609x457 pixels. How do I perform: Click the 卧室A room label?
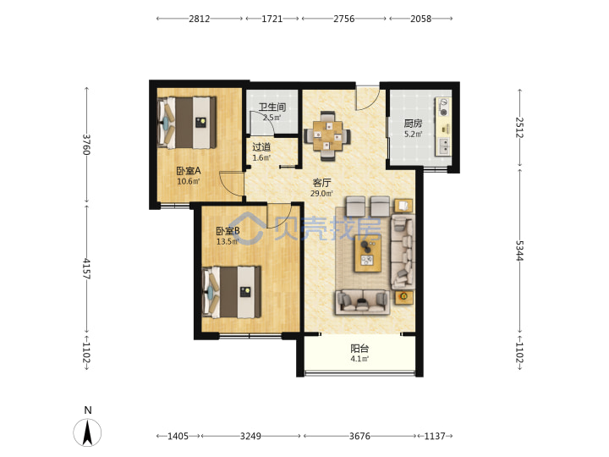tap(189, 171)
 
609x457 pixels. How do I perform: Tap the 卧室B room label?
tap(228, 231)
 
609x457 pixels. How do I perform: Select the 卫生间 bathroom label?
tap(272, 107)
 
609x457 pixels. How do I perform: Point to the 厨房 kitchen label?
tap(413, 124)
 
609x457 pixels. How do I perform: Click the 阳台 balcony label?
tap(359, 348)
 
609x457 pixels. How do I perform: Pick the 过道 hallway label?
tap(261, 147)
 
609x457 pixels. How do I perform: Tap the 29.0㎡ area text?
tap(321, 193)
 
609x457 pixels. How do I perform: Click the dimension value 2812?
tap(200, 19)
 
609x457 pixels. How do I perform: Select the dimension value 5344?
tap(519, 251)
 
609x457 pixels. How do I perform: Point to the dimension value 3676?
tap(359, 436)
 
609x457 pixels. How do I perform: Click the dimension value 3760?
tap(86, 145)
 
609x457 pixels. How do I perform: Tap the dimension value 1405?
tap(178, 436)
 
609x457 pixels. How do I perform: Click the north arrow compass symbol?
tap(87, 432)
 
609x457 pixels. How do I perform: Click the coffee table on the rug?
tap(367, 253)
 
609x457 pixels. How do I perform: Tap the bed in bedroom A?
tap(187, 123)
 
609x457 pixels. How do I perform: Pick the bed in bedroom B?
tap(232, 292)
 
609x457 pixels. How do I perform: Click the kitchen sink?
tap(443, 146)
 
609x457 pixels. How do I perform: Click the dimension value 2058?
tap(421, 19)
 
